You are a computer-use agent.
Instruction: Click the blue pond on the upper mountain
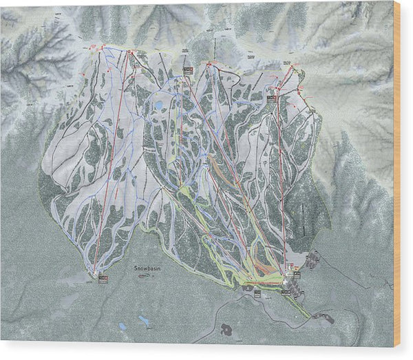point(159,105)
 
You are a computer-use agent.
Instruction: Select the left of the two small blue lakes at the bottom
point(122,326)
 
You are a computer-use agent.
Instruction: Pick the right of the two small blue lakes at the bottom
point(145,320)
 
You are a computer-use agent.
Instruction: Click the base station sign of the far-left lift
point(103,278)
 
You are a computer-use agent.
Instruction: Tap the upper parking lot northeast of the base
point(314,260)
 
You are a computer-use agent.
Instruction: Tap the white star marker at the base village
point(285,273)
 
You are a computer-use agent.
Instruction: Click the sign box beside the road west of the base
point(256,293)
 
